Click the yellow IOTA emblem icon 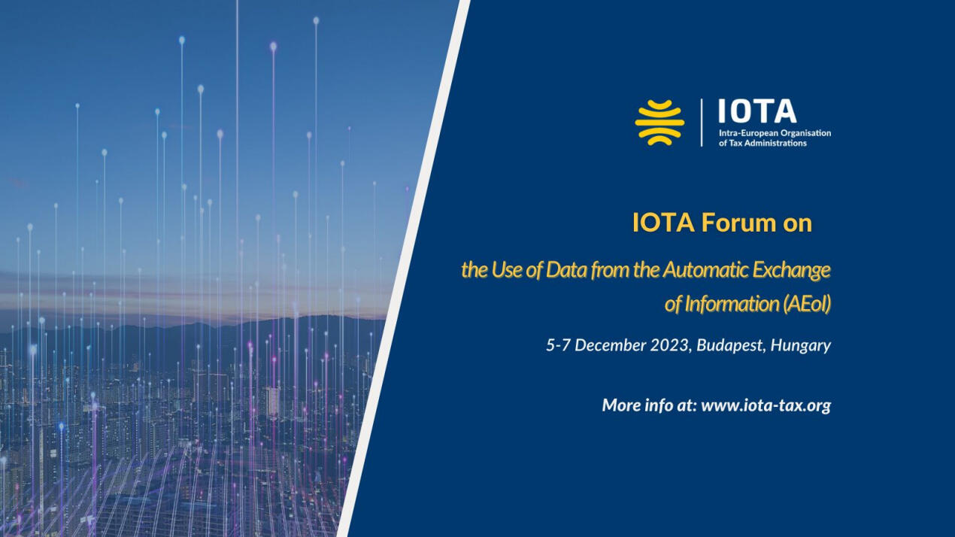point(659,123)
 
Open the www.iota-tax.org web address point(766,405)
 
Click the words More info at point(649,405)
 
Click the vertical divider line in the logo point(702,123)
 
